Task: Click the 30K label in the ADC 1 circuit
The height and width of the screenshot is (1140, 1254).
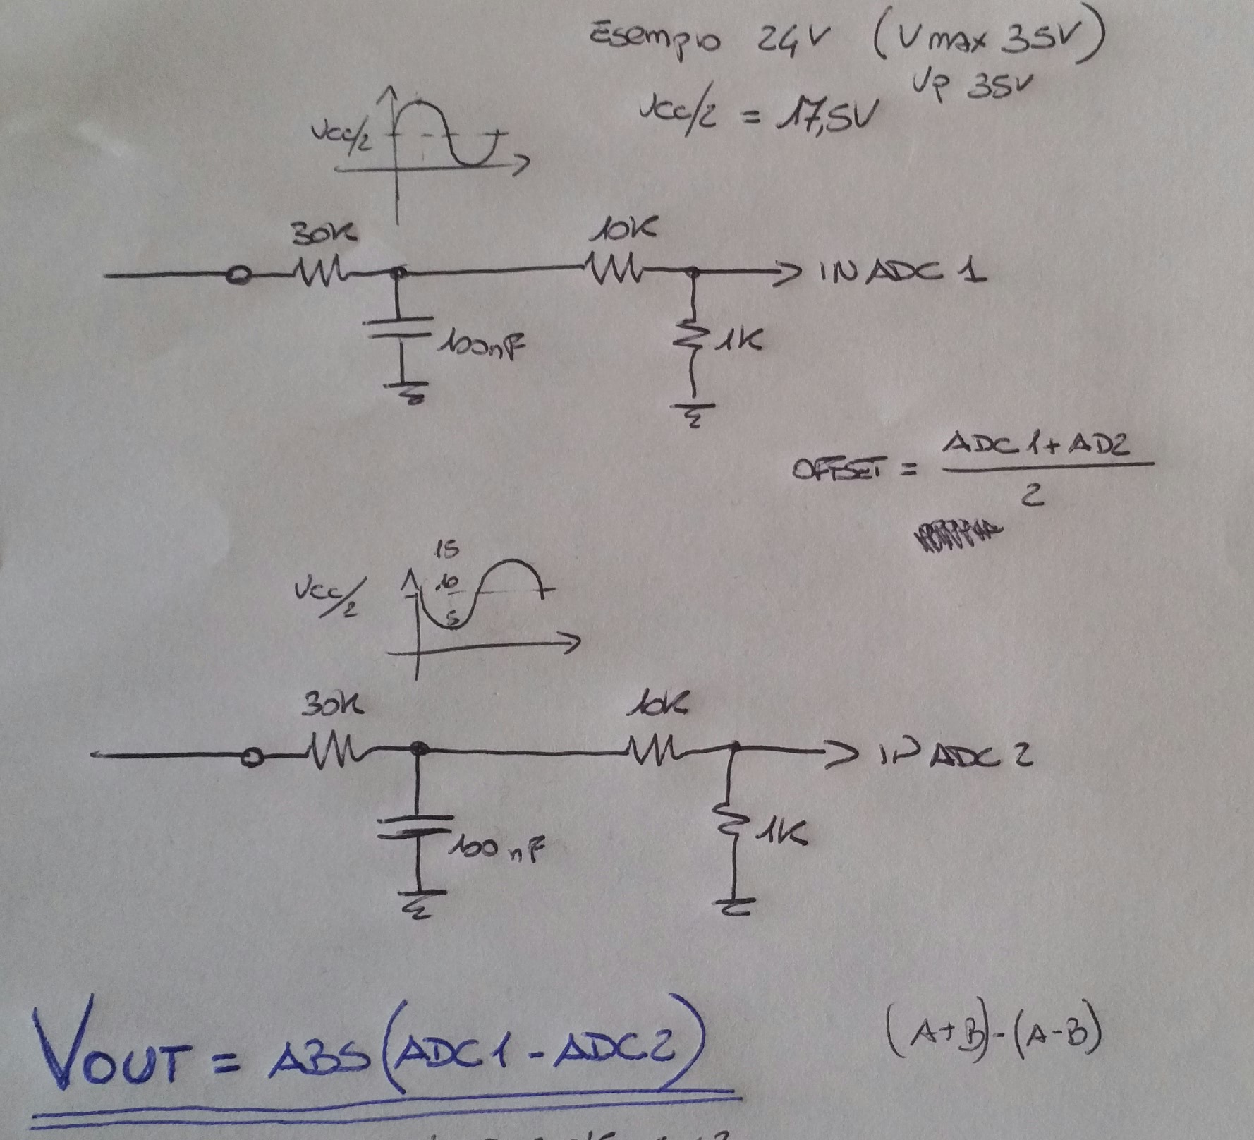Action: click(x=325, y=232)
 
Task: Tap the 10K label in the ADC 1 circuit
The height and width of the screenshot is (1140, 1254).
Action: click(x=623, y=229)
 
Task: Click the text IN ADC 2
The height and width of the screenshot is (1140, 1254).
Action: click(x=956, y=756)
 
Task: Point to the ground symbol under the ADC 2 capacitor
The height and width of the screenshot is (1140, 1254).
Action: click(x=419, y=906)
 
